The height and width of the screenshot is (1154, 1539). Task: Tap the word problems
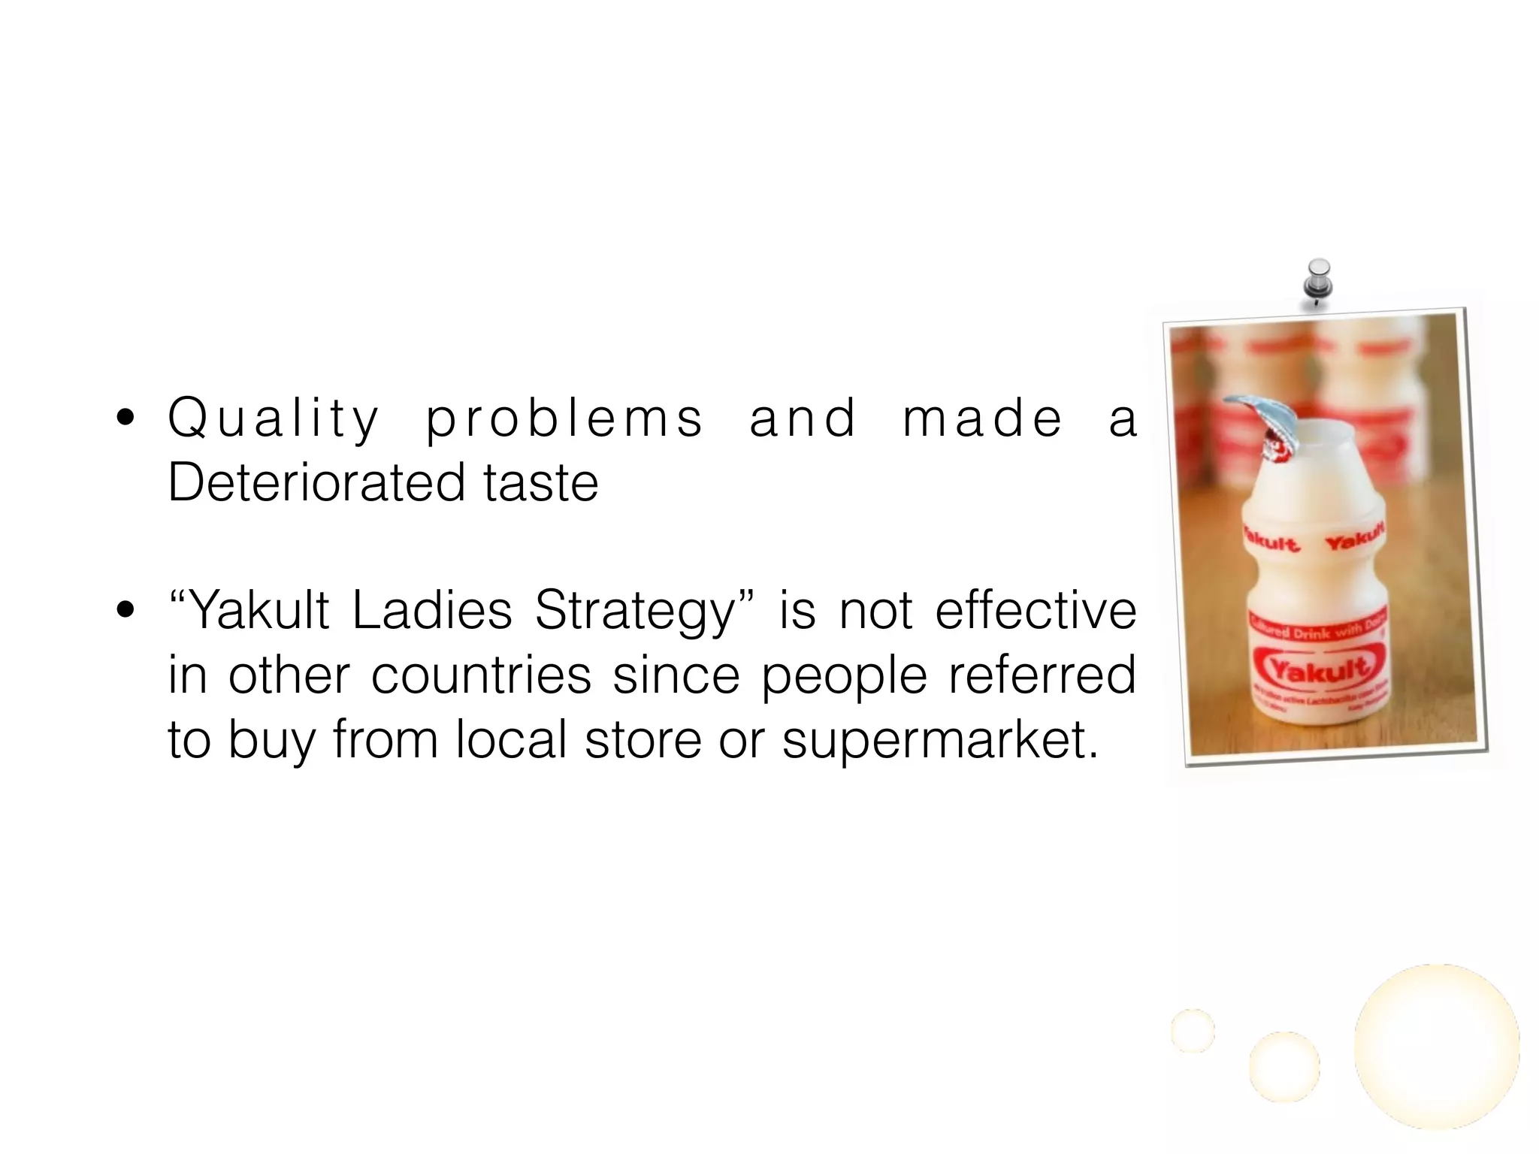coord(564,419)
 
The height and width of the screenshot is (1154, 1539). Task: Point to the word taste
coord(541,482)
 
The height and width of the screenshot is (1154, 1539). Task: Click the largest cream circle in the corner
coord(1436,1046)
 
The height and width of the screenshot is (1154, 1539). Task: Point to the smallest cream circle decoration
coord(1193,1030)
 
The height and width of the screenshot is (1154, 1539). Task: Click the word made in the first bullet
coord(982,419)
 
